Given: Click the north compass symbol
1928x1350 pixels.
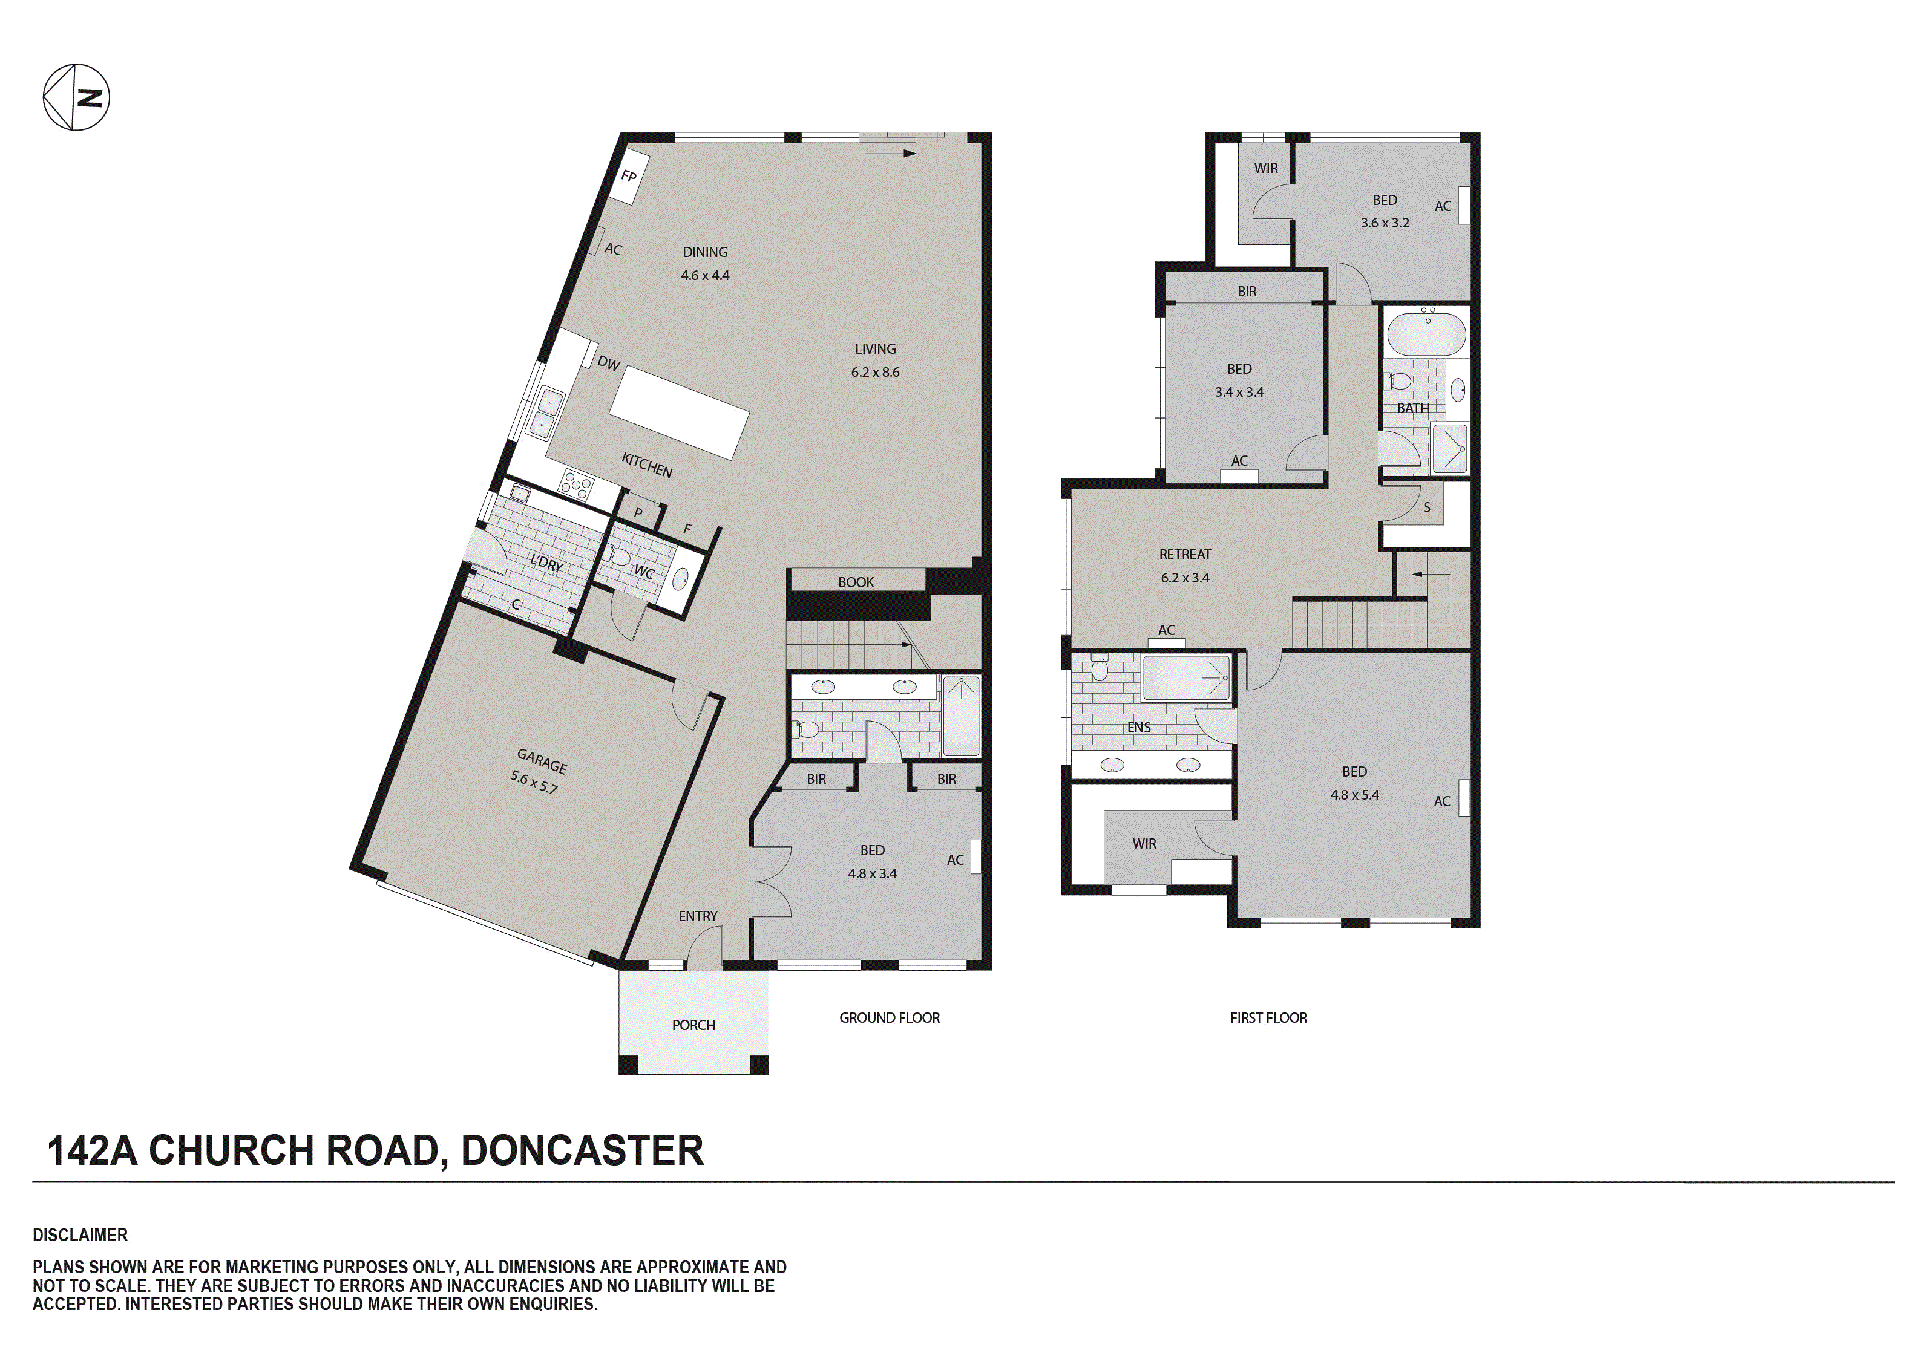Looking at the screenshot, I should pyautogui.click(x=76, y=97).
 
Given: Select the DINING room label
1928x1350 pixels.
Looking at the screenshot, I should pyautogui.click(x=704, y=252).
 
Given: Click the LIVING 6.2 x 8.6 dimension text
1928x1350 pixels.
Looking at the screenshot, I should pyautogui.click(x=875, y=372).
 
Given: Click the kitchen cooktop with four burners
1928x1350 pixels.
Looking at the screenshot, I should pyautogui.click(x=578, y=484).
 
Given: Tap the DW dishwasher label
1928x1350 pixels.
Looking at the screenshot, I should pyautogui.click(x=609, y=364).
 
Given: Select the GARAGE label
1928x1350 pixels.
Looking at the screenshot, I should pyautogui.click(x=542, y=761).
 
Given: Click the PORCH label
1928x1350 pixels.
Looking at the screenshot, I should pyautogui.click(x=693, y=1025).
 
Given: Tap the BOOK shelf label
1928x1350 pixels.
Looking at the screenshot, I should pyautogui.click(x=856, y=582).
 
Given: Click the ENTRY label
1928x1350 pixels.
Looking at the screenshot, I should pyautogui.click(x=698, y=916).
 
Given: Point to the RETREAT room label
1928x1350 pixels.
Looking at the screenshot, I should pyautogui.click(x=1185, y=554).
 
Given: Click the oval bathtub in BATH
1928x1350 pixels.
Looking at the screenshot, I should pyautogui.click(x=1427, y=333).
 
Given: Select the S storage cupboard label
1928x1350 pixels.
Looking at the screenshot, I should pyautogui.click(x=1427, y=507).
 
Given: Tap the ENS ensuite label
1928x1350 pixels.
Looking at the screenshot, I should pyautogui.click(x=1139, y=727).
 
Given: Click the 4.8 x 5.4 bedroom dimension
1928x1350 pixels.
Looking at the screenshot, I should pyautogui.click(x=1354, y=794).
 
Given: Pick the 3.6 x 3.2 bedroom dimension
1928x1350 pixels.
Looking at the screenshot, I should pyautogui.click(x=1385, y=223).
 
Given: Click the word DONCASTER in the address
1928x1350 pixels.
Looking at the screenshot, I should pyautogui.click(x=582, y=1150).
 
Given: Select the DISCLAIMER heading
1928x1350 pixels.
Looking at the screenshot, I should pyautogui.click(x=80, y=1235).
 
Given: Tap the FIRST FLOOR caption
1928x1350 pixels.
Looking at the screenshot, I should pyautogui.click(x=1268, y=1017).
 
